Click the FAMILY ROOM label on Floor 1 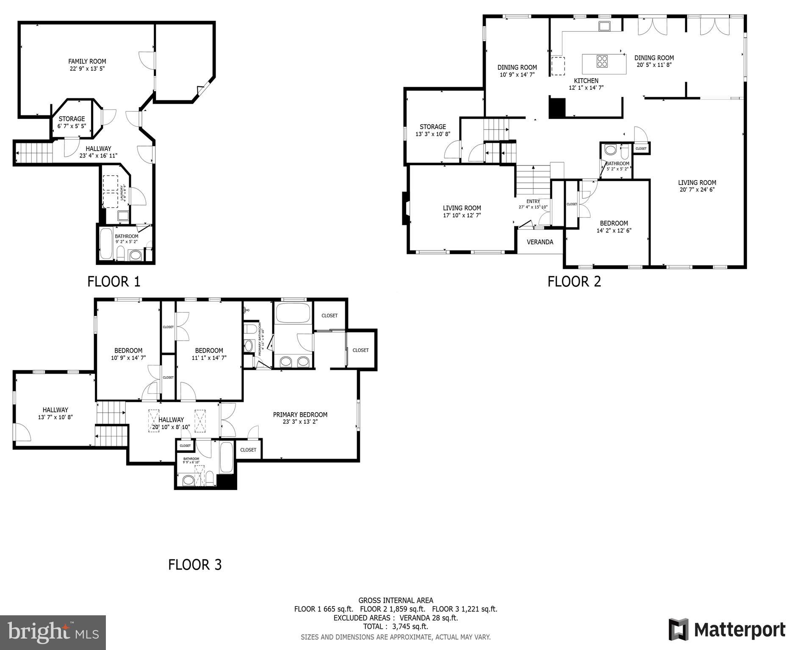[87, 61]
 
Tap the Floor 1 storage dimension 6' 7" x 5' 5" [72, 126]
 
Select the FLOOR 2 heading [574, 282]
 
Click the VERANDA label [539, 242]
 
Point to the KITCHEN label [586, 81]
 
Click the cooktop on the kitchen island [602, 62]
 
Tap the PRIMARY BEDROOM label [300, 415]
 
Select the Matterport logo [726, 629]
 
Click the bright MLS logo [53, 632]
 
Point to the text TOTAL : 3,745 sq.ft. [396, 626]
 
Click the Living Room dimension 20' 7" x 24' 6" [697, 190]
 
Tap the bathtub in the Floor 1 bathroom [106, 245]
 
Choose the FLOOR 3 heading [195, 565]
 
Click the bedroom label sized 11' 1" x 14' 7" [209, 350]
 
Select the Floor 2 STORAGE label [432, 127]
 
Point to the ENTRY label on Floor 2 [533, 201]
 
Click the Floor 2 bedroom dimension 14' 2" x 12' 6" [614, 231]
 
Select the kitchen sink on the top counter [604, 26]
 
